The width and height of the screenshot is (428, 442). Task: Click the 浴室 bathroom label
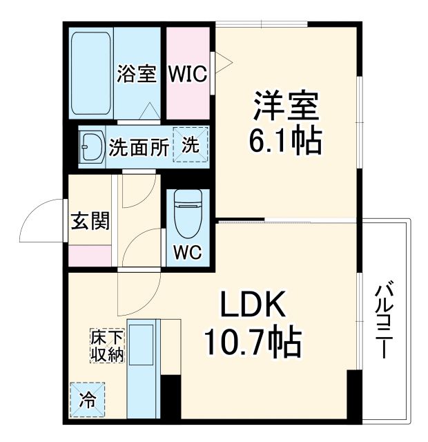click(x=137, y=74)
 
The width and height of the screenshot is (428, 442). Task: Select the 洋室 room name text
click(x=285, y=107)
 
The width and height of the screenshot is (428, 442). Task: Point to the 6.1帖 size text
click(x=285, y=142)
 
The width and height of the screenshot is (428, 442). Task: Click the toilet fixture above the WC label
click(x=187, y=211)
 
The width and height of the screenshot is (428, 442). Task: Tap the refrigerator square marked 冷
click(x=87, y=400)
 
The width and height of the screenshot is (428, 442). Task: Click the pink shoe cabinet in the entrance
click(x=90, y=255)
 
